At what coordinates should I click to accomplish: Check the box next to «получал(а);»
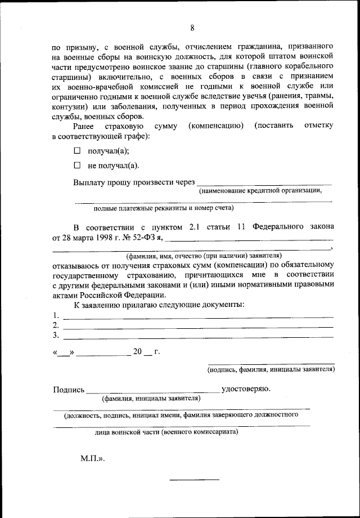78,150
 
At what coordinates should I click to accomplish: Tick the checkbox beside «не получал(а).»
78,166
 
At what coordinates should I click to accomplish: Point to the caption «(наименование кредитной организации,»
260,190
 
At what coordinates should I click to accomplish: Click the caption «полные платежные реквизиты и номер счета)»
163,207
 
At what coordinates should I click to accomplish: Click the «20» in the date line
138,352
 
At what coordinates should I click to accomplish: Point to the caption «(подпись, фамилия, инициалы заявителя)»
271,370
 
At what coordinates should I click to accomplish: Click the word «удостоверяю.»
246,388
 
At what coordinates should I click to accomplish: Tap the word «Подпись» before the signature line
69,389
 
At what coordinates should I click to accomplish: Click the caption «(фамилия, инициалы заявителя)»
151,398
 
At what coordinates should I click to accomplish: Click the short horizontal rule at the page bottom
195,479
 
